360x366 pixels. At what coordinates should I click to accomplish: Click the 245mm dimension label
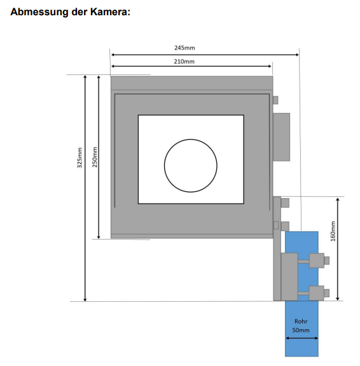coord(184,48)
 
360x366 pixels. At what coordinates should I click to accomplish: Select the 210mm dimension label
coord(184,62)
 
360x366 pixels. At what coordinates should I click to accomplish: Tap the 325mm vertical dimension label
coord(80,158)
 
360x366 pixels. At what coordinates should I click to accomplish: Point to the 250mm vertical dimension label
coord(95,157)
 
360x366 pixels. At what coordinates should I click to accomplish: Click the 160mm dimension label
coord(333,231)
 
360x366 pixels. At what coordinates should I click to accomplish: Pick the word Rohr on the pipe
coord(301,322)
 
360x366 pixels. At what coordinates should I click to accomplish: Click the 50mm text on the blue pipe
coord(301,330)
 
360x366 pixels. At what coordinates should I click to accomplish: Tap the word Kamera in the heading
coord(110,11)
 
